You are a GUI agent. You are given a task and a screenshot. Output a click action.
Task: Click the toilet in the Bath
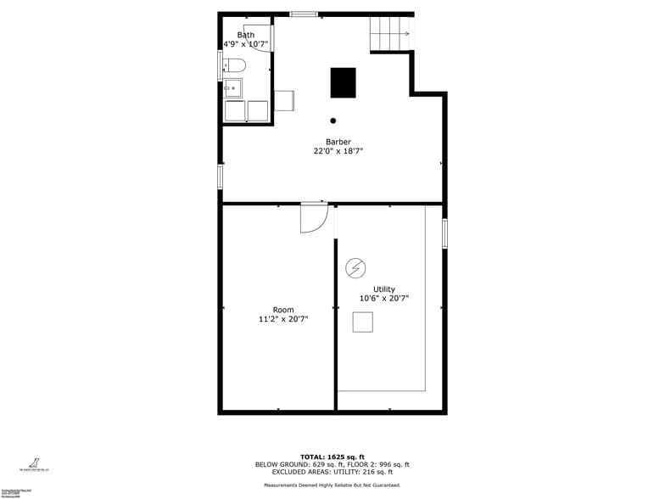[235, 64]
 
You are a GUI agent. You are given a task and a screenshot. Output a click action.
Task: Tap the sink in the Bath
[232, 87]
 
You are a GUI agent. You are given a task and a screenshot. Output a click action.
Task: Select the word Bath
[245, 35]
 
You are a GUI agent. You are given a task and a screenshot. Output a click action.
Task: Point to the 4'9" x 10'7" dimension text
[245, 44]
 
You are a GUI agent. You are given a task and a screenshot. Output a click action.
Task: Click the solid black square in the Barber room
[343, 82]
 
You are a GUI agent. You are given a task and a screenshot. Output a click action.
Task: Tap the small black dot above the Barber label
[333, 121]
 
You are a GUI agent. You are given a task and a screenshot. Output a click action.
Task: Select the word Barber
[338, 142]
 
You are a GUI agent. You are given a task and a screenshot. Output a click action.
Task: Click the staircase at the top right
[390, 34]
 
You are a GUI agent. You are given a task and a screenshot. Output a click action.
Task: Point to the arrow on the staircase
[405, 34]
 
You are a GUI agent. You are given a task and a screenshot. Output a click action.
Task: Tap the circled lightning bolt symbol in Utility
[355, 268]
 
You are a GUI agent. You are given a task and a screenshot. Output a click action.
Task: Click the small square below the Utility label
[363, 322]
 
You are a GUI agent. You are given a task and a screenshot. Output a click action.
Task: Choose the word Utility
[383, 289]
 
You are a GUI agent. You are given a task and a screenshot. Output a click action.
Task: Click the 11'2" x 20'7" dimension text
[283, 319]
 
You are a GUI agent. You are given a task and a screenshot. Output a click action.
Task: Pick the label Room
[283, 310]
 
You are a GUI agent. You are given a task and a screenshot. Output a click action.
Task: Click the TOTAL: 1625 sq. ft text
[332, 457]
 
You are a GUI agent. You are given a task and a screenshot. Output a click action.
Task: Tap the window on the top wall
[304, 14]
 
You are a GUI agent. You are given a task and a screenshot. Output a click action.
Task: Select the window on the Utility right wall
[444, 233]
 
